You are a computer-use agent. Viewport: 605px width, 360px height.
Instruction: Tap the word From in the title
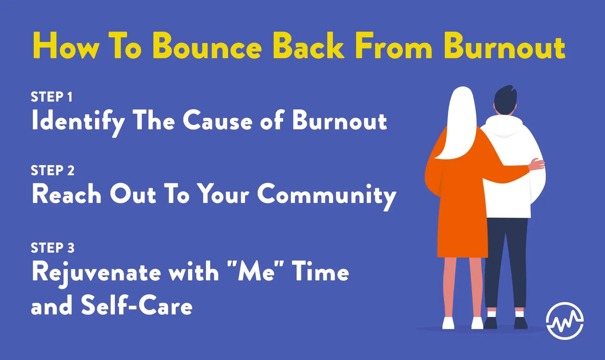[x=394, y=45]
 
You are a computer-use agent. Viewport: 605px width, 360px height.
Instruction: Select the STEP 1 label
[x=52, y=97]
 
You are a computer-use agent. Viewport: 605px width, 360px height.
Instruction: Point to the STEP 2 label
[x=53, y=170]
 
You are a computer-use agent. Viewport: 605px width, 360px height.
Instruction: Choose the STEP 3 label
[x=53, y=248]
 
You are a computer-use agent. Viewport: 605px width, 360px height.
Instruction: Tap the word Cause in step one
[x=218, y=120]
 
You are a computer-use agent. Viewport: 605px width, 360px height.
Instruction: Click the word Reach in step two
[x=66, y=194]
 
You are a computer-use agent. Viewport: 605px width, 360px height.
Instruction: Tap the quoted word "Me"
[x=256, y=271]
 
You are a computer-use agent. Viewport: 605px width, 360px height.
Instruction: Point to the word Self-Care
[x=137, y=305]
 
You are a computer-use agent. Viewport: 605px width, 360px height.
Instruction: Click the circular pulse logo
[x=565, y=321]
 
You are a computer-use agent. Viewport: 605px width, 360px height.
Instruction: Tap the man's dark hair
[x=505, y=99]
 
